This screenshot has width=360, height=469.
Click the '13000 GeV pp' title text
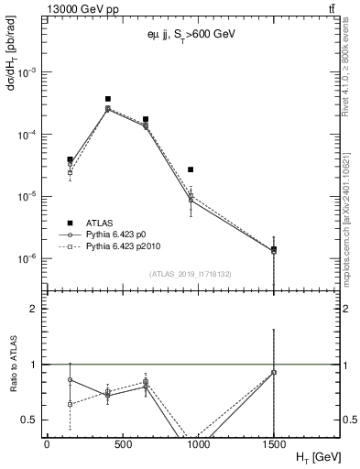[80, 8]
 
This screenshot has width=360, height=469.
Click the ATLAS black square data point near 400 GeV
[108, 99]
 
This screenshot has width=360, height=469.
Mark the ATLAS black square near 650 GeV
[146, 119]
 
